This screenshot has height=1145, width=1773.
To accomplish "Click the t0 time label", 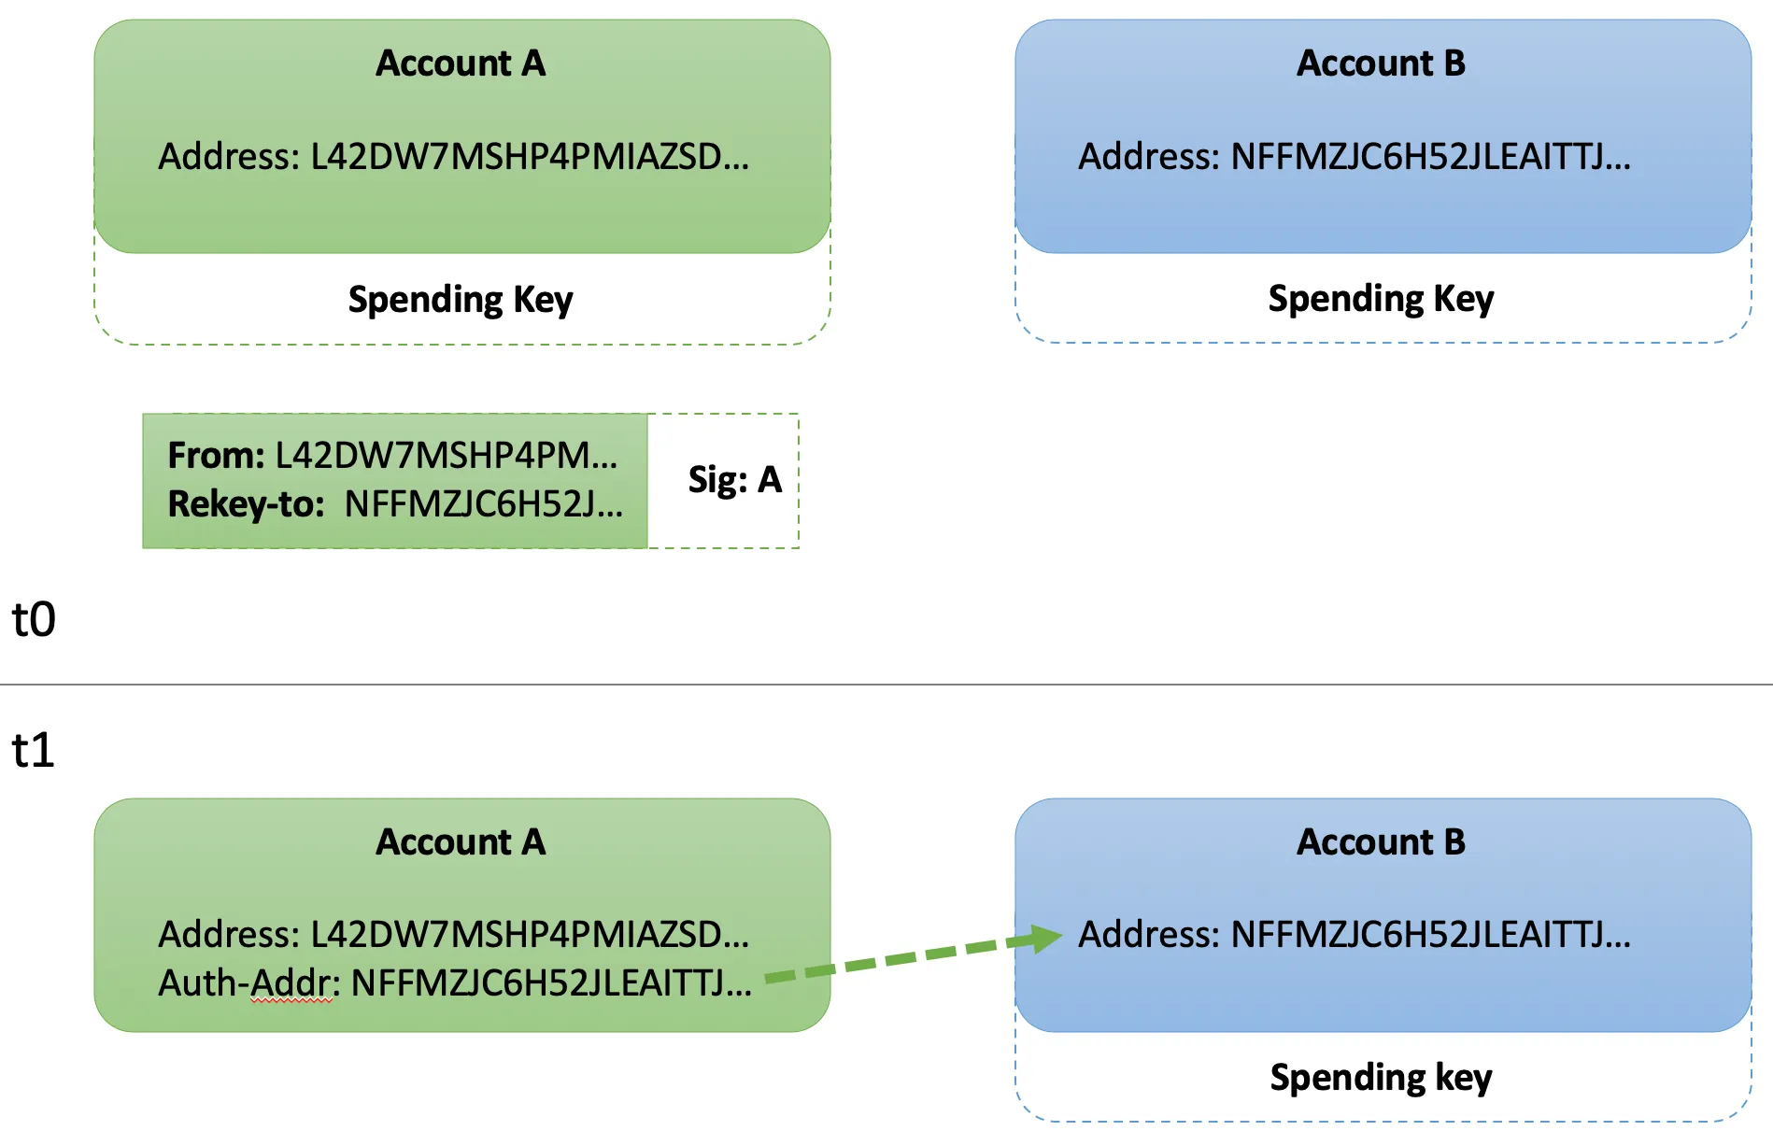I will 34,619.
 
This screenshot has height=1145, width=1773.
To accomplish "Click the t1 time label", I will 34,750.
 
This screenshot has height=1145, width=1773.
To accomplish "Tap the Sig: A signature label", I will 734,480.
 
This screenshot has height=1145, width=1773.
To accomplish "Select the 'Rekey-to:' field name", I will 246,504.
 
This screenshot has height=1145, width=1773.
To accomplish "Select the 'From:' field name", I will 216,456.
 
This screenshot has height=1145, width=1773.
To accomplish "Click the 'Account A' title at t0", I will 461,64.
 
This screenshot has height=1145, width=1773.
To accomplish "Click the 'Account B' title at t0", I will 1381,64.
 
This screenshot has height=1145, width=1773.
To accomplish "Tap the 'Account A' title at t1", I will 461,842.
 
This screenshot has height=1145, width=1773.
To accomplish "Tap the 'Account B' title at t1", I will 1381,842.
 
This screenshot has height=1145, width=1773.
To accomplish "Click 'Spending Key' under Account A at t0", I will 461,300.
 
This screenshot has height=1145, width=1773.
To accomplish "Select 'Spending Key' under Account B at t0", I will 1381,299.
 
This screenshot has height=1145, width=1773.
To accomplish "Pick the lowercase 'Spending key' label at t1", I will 1381,1078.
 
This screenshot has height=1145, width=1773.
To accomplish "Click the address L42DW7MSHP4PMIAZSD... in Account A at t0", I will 529,157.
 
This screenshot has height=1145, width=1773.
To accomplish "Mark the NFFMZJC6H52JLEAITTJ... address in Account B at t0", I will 1430,157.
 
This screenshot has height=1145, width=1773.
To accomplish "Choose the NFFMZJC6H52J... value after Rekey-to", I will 483,504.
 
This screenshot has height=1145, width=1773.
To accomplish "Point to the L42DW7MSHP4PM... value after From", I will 446,456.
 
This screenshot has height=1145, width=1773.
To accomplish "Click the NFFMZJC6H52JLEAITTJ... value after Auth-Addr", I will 551,983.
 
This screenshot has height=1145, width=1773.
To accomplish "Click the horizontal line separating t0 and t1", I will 886,685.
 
